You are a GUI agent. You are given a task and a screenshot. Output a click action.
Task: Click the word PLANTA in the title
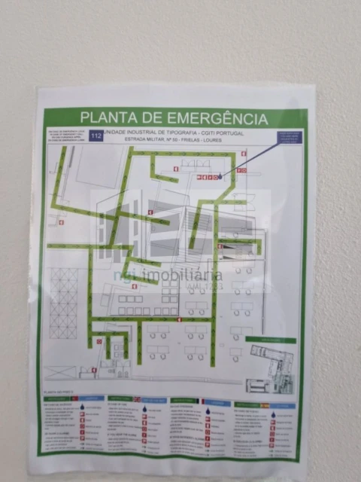coord(108,118)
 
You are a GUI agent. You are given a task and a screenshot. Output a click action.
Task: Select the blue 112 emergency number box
coord(96,136)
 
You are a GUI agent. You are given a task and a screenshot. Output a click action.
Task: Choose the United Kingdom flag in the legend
coord(137,399)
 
